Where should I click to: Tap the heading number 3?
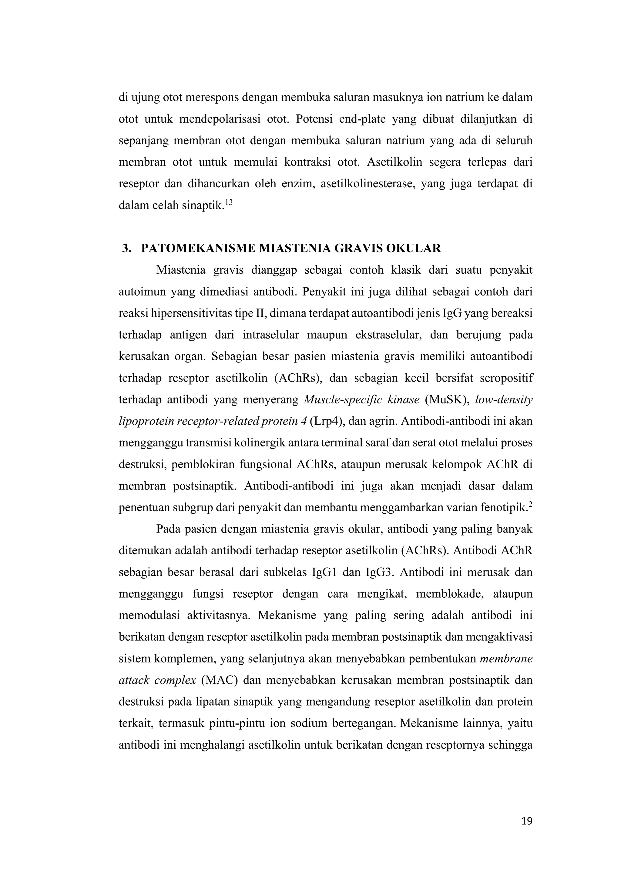pyautogui.click(x=126, y=249)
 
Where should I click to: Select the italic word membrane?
pyautogui.click(x=506, y=659)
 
